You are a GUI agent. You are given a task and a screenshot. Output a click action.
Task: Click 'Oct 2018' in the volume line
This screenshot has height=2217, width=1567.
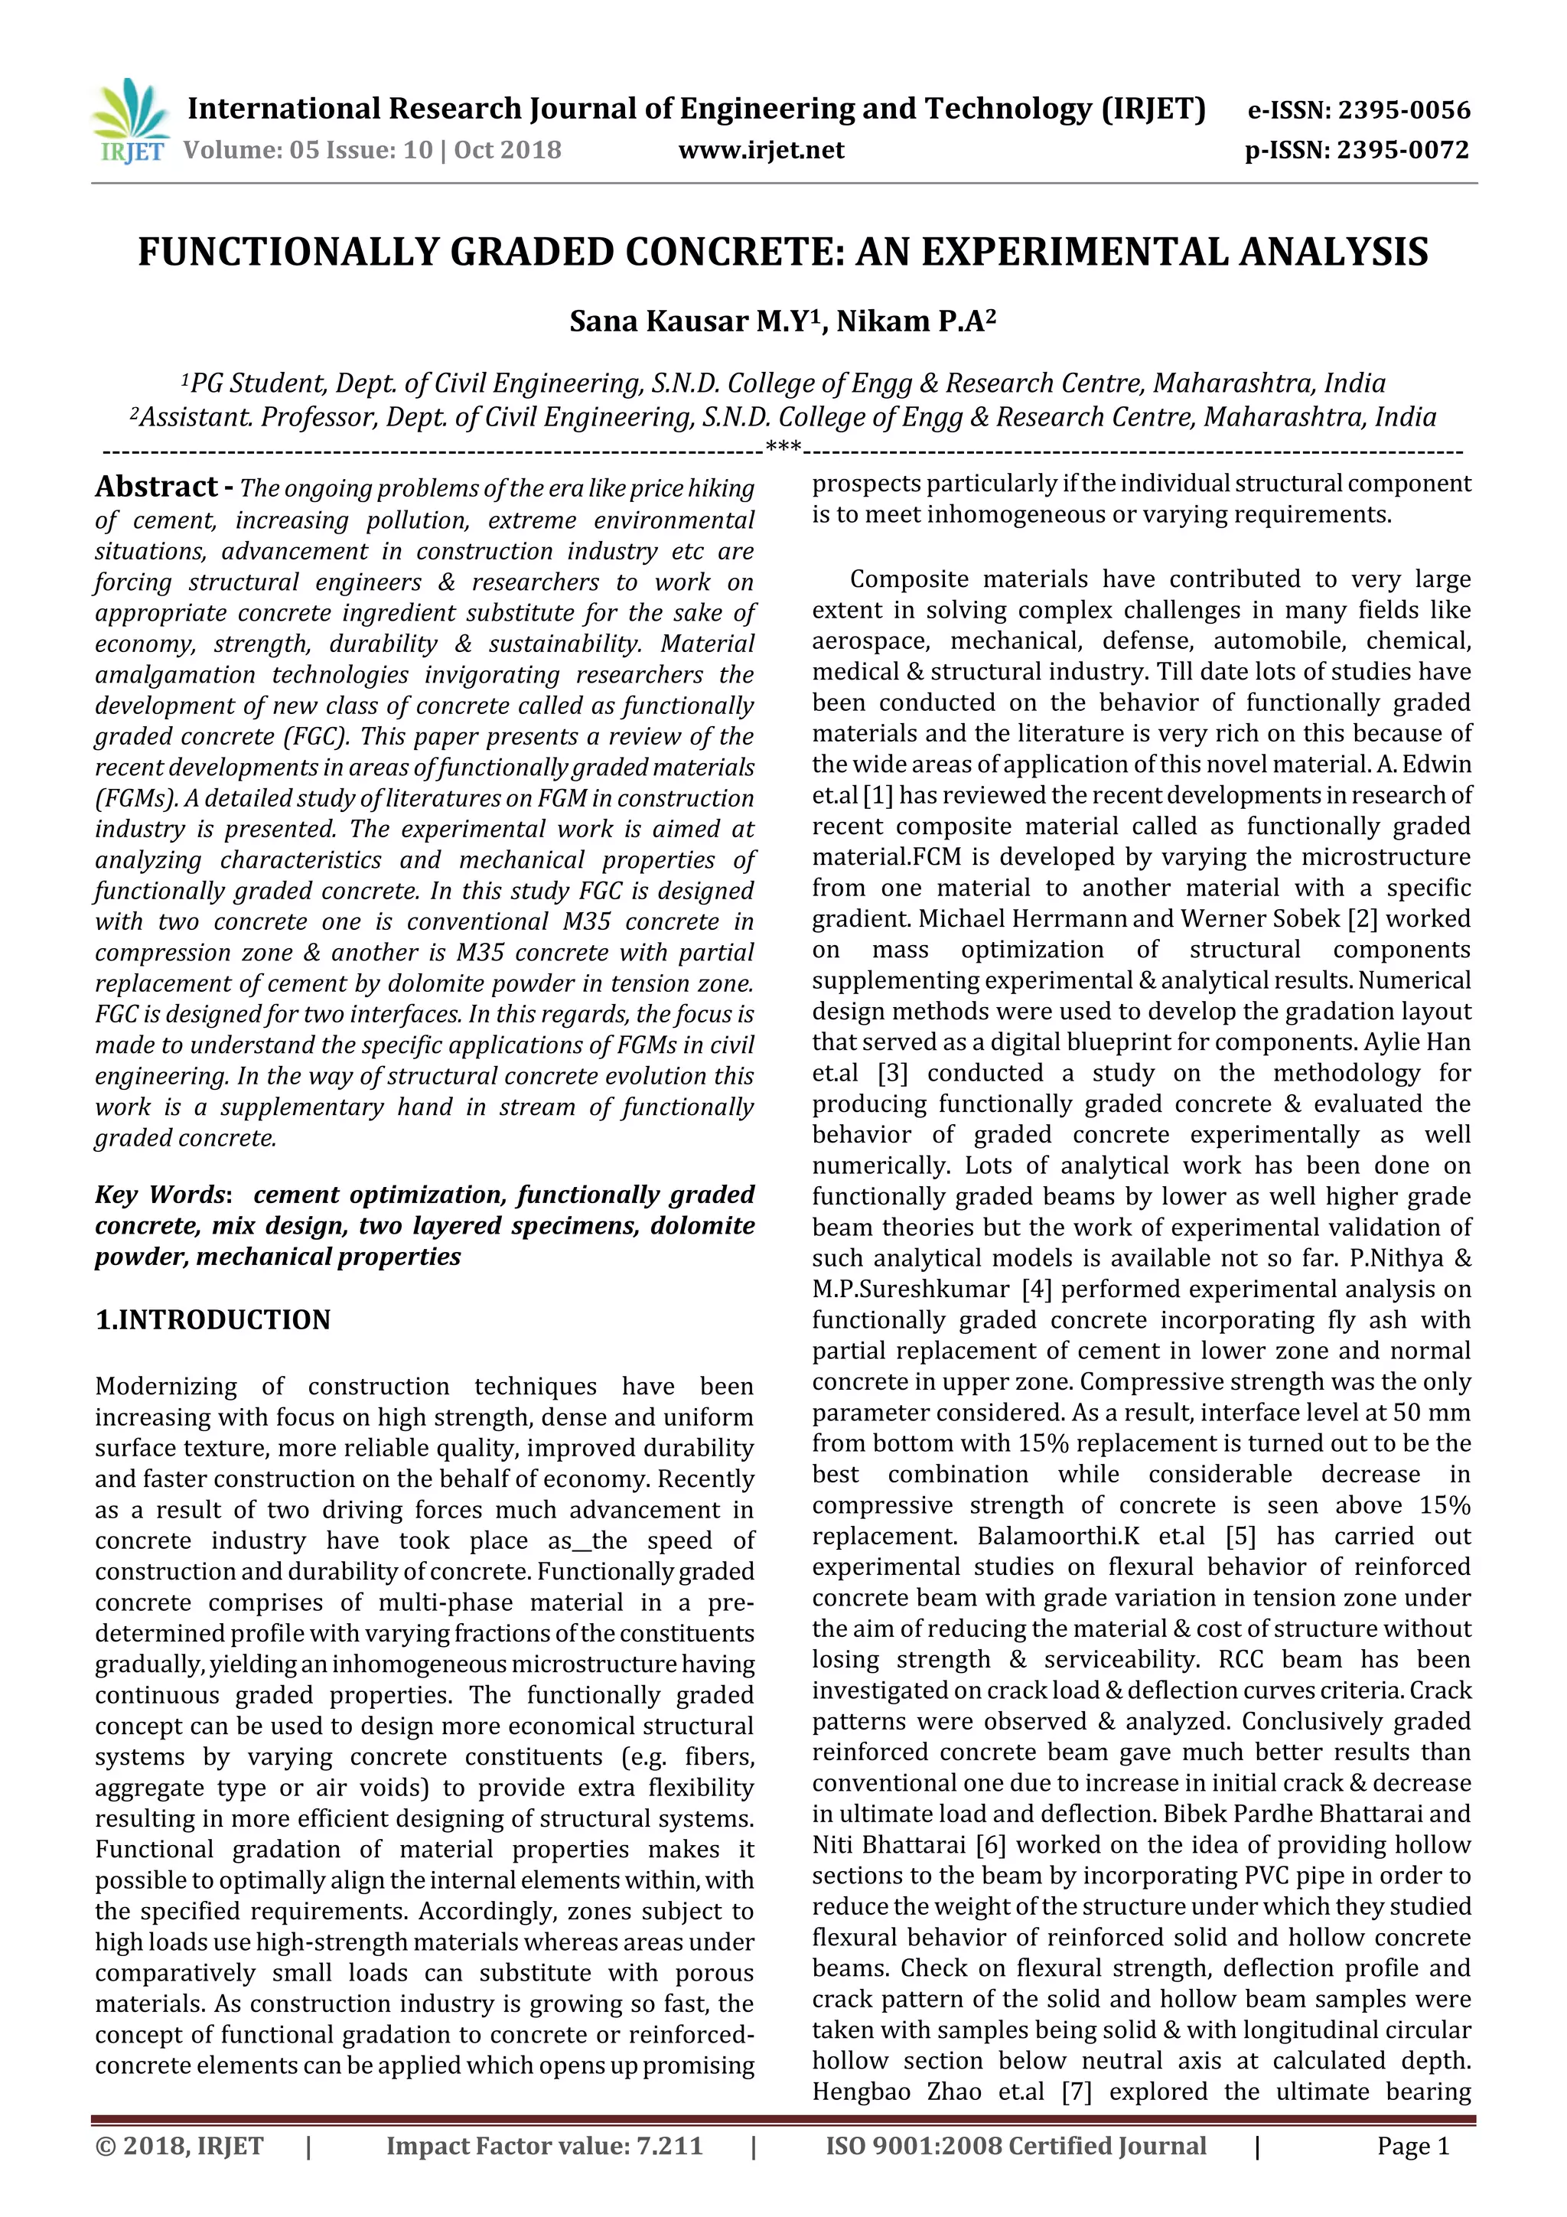[x=508, y=151]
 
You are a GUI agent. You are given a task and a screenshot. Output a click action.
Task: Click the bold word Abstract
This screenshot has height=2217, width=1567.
[x=156, y=487]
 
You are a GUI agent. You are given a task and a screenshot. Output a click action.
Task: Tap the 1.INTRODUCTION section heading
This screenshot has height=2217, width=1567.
[x=213, y=1320]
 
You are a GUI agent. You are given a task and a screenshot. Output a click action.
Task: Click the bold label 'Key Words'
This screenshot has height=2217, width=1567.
[x=159, y=1195]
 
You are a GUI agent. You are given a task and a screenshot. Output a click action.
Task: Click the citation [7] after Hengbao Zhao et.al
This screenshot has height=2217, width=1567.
[x=1077, y=2091]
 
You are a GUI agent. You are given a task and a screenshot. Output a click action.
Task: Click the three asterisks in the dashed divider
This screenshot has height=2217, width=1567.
[x=783, y=447]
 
